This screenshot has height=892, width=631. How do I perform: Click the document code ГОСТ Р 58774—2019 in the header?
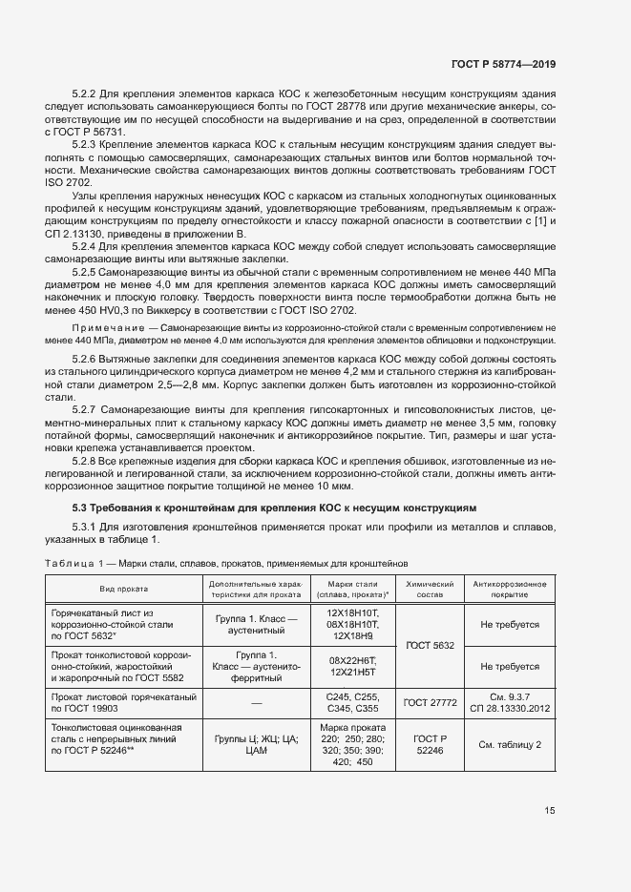(x=505, y=64)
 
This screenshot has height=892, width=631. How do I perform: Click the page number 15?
(x=550, y=811)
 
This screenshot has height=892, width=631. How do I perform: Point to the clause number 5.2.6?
(x=85, y=359)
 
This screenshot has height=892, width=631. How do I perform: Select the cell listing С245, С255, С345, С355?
(x=353, y=702)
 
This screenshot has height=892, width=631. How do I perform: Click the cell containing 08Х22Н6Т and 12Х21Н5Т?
(x=353, y=666)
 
